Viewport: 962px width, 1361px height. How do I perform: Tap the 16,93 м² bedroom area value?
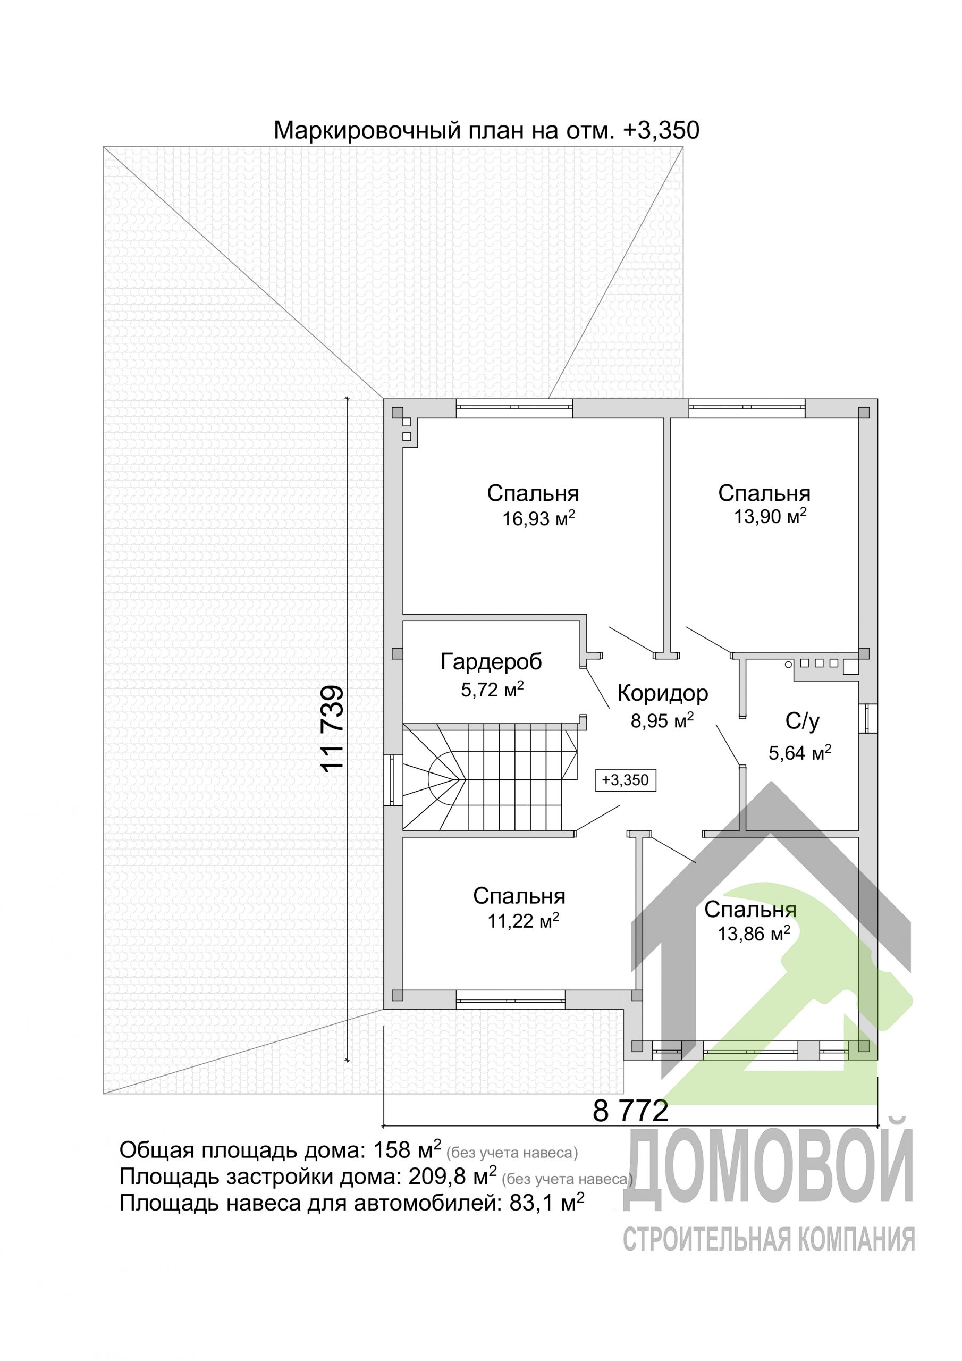pos(539,519)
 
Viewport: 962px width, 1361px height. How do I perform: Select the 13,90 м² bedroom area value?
pos(770,516)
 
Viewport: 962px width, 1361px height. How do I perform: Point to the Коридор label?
pos(663,693)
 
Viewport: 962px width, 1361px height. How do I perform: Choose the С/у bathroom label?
pos(803,721)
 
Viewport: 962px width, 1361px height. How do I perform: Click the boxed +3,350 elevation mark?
pos(626,780)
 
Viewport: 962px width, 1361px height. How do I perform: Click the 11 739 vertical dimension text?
pos(333,728)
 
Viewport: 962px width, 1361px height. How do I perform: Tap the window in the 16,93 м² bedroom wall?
pos(514,408)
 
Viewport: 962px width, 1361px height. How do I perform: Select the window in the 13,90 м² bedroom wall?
pos(747,408)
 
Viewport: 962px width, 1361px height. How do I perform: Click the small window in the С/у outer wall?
pos(868,718)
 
